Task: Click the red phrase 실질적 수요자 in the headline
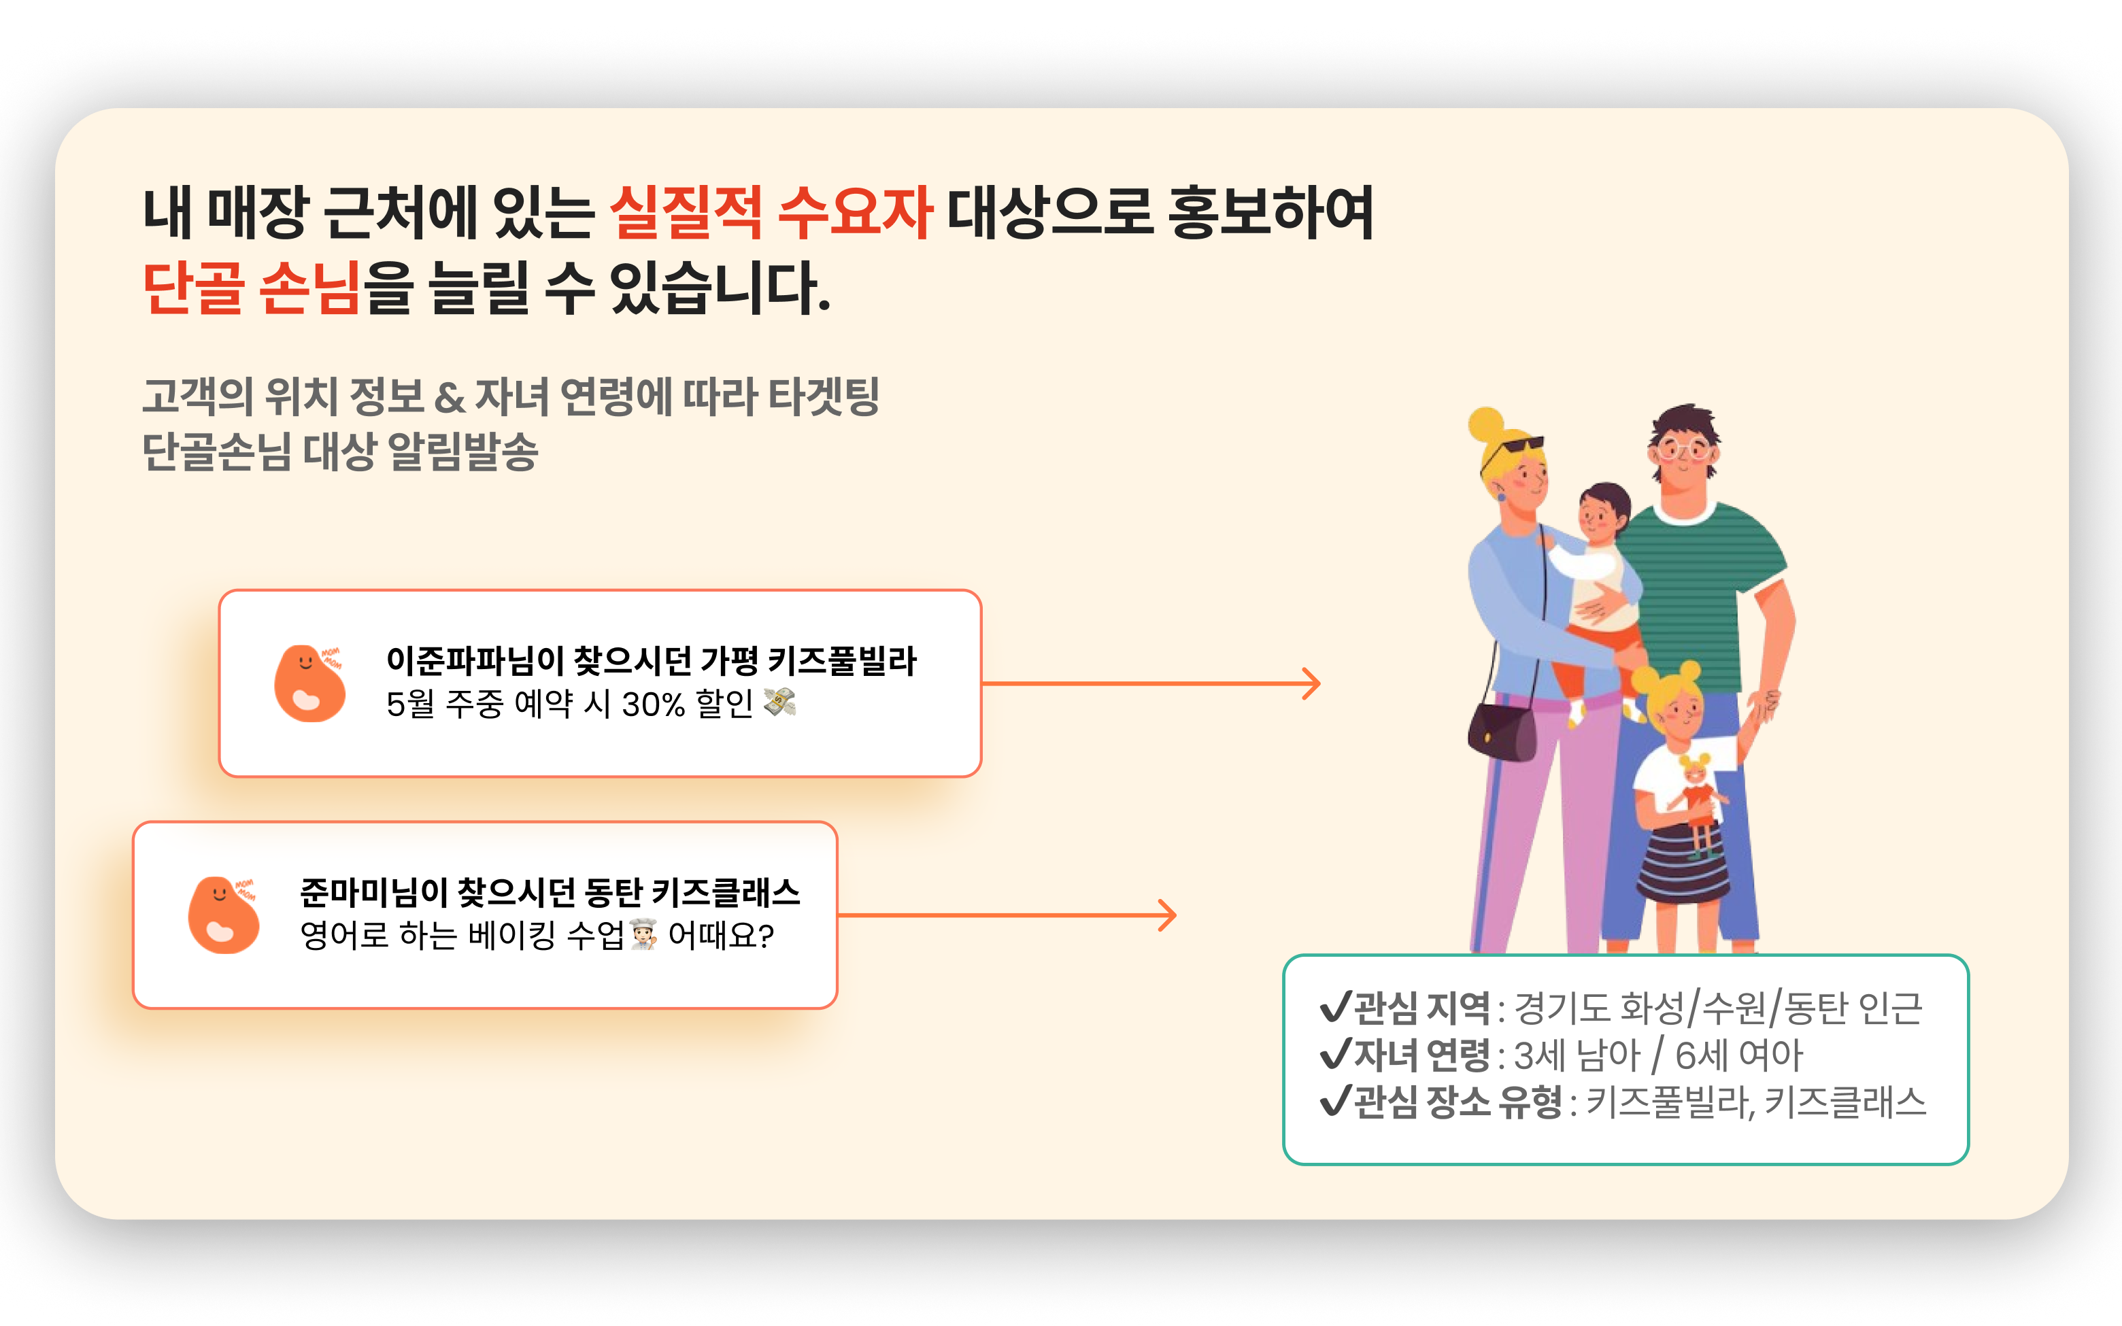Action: [x=770, y=212]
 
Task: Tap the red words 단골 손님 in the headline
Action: [x=252, y=288]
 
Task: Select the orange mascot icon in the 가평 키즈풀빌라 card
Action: [x=309, y=683]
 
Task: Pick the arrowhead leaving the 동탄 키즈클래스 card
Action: [x=1167, y=915]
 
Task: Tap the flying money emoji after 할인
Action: [x=779, y=702]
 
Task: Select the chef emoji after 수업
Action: [x=643, y=934]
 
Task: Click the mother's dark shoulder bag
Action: [x=1501, y=732]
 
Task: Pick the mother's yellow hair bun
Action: [x=1485, y=424]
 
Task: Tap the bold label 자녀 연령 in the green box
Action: [x=1422, y=1054]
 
